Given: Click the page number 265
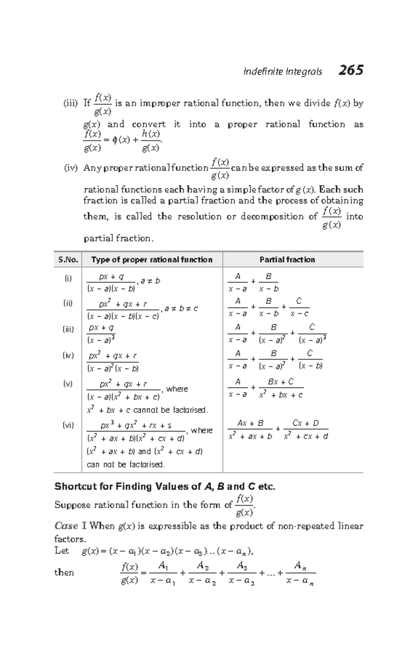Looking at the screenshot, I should pyautogui.click(x=350, y=70).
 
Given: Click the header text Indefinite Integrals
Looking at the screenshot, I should pyautogui.click(x=283, y=72).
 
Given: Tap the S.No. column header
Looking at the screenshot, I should pyautogui.click(x=68, y=260).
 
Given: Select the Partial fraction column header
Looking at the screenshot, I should pyautogui.click(x=287, y=260).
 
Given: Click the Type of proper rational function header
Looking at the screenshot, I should pyautogui.click(x=152, y=260).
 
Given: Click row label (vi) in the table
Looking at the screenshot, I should pyautogui.click(x=68, y=425).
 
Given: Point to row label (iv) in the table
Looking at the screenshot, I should pyautogui.click(x=68, y=356).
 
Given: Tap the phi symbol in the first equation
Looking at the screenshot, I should pyautogui.click(x=115, y=140).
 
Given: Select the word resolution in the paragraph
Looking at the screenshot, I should pyautogui.click(x=199, y=217).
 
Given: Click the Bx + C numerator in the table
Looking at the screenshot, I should pyautogui.click(x=281, y=382).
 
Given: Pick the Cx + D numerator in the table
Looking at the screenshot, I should pyautogui.click(x=305, y=423).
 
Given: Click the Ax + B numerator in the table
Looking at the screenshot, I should pyautogui.click(x=250, y=423).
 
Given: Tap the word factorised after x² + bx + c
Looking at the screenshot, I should pyautogui.click(x=189, y=410).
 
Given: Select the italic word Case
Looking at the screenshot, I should pyautogui.click(x=66, y=526).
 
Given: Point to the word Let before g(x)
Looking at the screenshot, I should pyautogui.click(x=62, y=551).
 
